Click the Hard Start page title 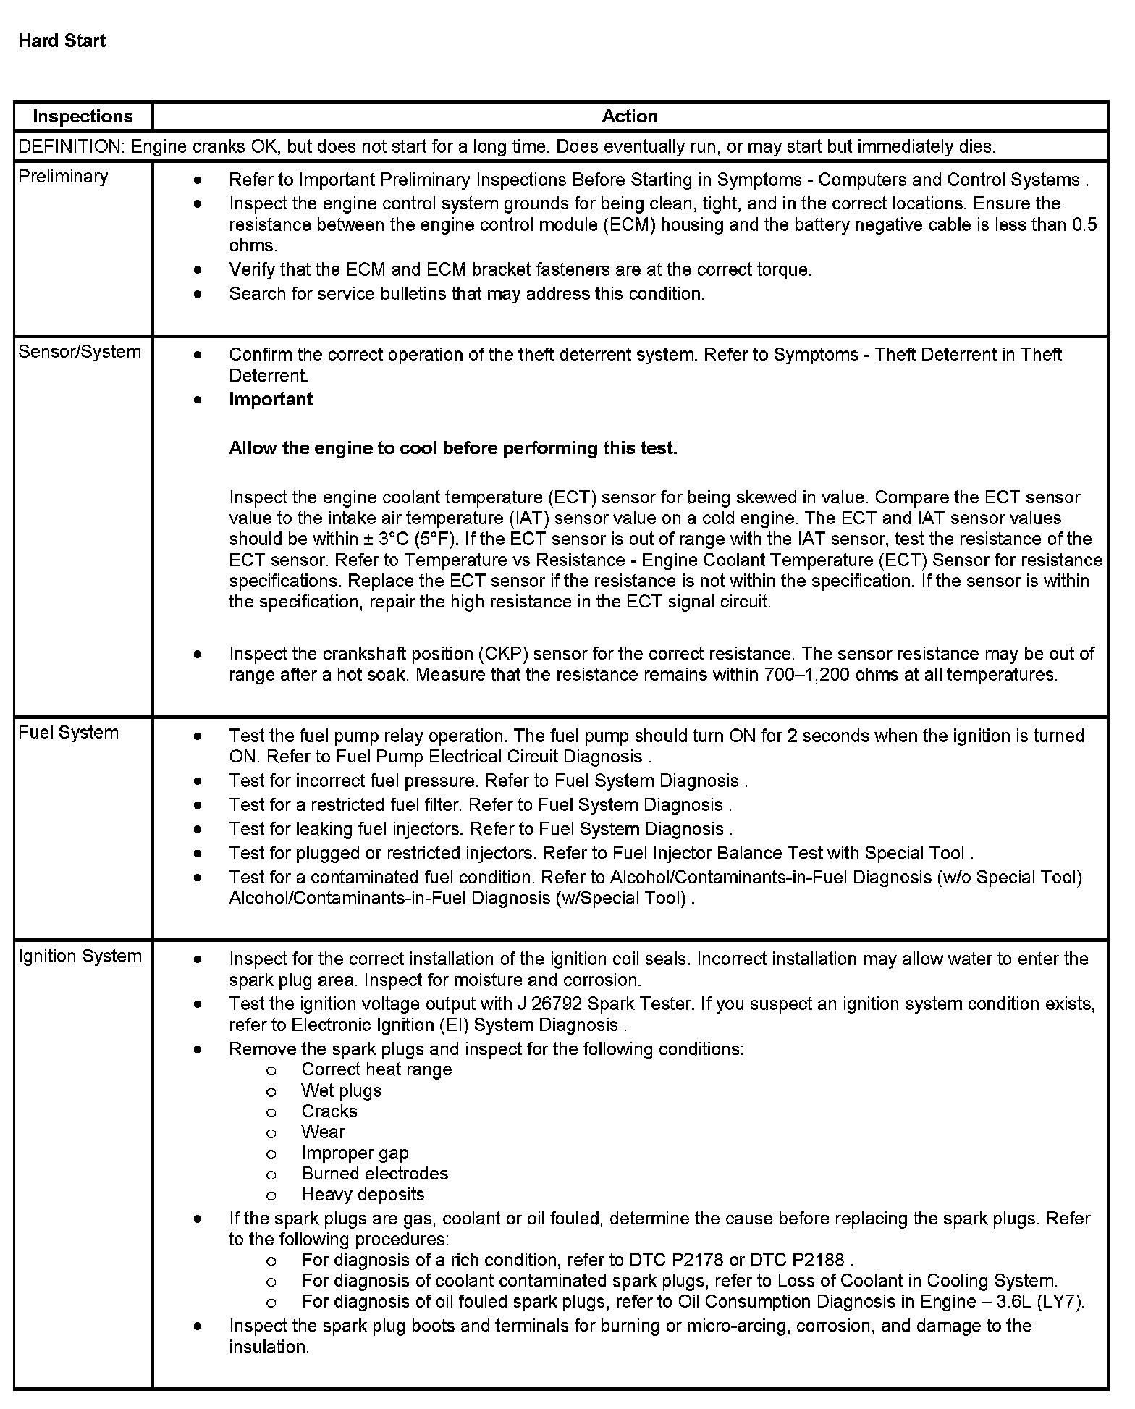62,41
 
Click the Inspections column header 83,117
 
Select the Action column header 630,117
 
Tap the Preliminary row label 63,177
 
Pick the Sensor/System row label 80,352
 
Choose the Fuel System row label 68,733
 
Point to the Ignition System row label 80,956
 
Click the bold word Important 271,400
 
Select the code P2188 819,1260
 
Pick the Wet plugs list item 341,1091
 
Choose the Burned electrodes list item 374,1174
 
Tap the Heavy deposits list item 363,1195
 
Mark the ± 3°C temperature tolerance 392,539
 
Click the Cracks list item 329,1111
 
